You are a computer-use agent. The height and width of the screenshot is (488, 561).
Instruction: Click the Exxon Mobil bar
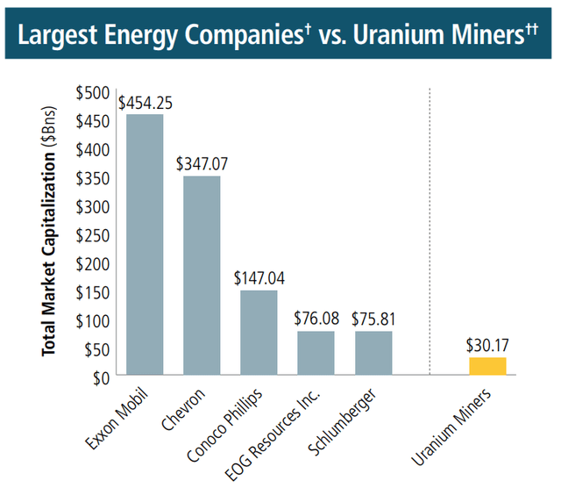point(144,245)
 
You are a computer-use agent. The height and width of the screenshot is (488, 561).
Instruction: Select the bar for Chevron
point(202,276)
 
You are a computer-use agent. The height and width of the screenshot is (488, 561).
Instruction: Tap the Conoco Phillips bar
point(259,333)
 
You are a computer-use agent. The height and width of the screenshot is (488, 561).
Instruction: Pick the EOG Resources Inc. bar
point(316,353)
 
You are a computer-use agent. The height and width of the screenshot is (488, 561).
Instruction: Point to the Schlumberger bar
point(373,353)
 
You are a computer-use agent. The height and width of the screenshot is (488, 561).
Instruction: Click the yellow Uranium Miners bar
point(487,366)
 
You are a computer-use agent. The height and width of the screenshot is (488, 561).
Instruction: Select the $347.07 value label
point(202,164)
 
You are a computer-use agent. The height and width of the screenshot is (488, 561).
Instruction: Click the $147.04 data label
point(259,278)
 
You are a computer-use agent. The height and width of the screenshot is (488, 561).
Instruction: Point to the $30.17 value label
point(487,346)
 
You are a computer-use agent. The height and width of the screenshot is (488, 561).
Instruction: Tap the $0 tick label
point(101,377)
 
